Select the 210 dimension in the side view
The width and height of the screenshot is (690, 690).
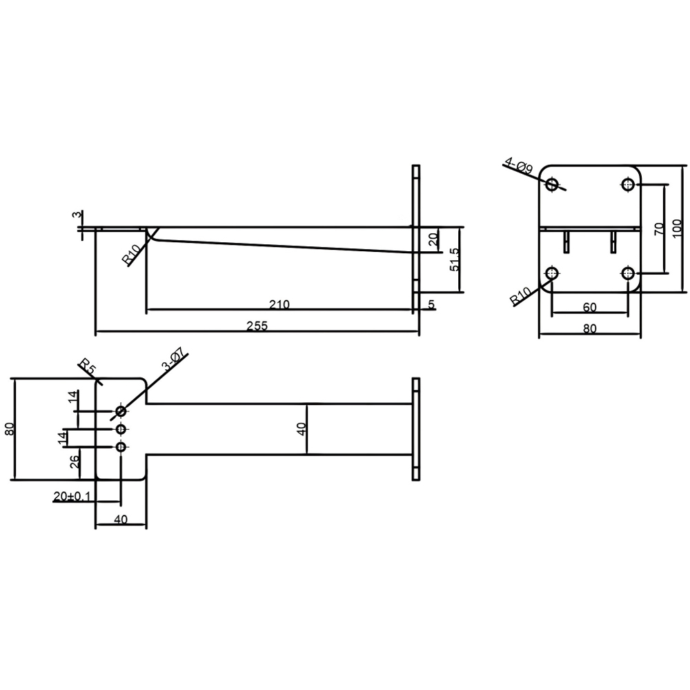coord(280,304)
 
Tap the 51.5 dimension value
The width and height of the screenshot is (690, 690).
coord(455,259)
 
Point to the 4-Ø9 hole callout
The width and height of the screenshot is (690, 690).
coord(518,166)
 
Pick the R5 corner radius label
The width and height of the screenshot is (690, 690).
coord(86,366)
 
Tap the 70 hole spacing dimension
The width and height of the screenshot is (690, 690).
coord(660,228)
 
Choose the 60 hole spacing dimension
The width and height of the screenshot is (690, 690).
coord(589,306)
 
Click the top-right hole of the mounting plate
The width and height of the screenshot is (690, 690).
coord(628,184)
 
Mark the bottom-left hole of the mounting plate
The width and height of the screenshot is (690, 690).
coord(552,274)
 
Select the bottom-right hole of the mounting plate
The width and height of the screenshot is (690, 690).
coord(628,274)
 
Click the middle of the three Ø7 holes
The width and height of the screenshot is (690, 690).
coord(121,430)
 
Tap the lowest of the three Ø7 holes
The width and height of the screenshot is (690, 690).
coord(121,447)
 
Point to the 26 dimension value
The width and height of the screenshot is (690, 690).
coord(73,462)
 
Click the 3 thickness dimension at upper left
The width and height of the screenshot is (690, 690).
coord(76,216)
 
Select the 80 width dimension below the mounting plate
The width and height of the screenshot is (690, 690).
coord(589,329)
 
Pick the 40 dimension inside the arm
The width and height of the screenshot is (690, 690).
coord(300,429)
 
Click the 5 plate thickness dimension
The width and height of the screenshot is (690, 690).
coord(431,304)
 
